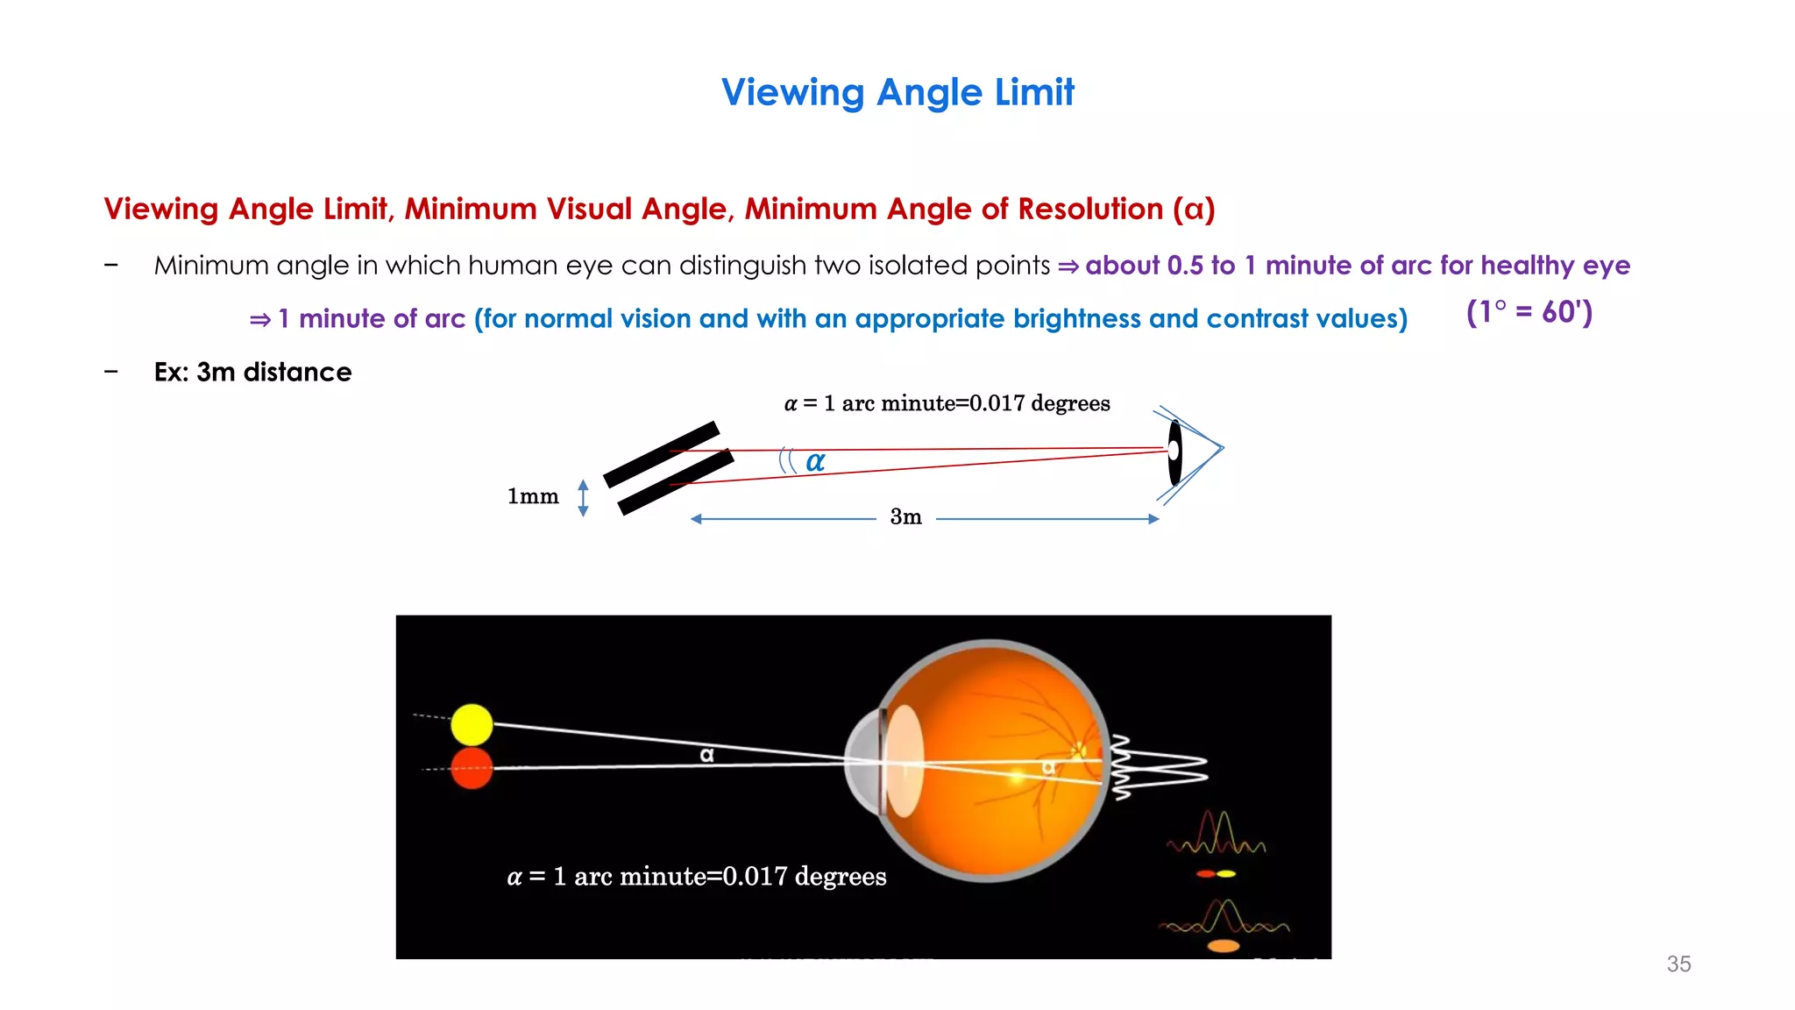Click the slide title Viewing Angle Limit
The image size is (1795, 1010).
tap(897, 92)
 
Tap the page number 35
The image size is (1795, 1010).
tap(1678, 964)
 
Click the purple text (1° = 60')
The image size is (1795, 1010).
tap(1529, 312)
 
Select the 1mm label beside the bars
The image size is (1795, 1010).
tap(533, 496)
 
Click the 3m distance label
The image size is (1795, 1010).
tap(905, 517)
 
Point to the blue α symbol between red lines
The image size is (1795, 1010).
tap(815, 461)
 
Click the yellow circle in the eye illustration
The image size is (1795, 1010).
tap(472, 725)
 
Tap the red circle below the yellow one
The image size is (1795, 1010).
tap(472, 768)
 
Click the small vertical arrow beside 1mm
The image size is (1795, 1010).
tap(584, 498)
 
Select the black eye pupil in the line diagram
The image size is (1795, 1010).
tap(1174, 452)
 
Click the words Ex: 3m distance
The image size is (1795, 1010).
tap(252, 372)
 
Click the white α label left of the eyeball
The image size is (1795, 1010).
tap(706, 754)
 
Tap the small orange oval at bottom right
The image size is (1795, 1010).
tap(1224, 946)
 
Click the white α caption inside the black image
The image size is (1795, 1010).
tap(697, 877)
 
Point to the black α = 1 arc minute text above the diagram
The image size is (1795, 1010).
tap(947, 403)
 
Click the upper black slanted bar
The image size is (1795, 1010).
tap(662, 454)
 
